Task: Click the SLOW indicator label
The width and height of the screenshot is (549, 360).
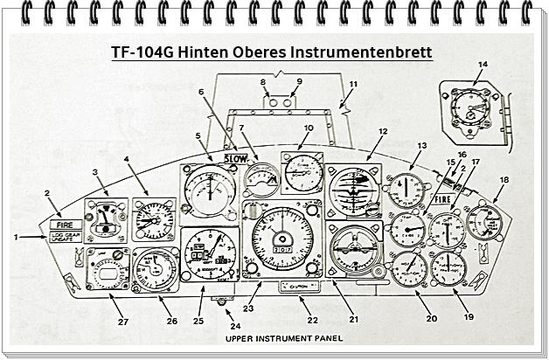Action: coord(235,158)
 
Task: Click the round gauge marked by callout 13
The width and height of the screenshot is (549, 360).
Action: coord(407,190)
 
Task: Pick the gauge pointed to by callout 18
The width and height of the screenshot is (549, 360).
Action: coord(483,222)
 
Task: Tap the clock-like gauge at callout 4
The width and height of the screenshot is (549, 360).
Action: coord(154,219)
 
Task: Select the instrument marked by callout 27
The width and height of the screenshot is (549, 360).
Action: coord(108,268)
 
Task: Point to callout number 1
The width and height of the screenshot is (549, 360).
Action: coord(16,237)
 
